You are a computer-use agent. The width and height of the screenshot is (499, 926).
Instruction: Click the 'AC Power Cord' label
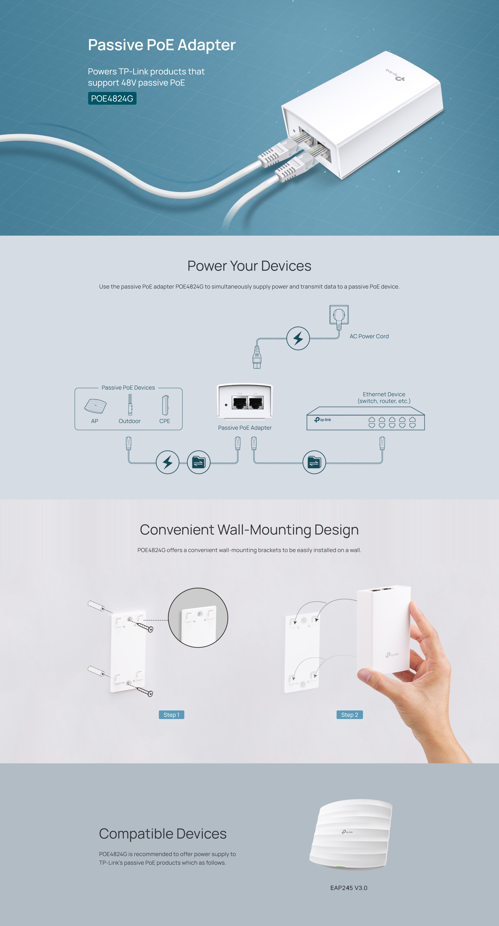coord(369,336)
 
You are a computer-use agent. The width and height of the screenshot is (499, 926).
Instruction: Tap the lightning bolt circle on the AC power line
coord(298,338)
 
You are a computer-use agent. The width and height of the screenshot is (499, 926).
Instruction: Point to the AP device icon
coord(95,406)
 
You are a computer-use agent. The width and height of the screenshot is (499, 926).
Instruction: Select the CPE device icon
coord(165,405)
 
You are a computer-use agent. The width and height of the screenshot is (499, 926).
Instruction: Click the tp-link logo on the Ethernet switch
coord(323,420)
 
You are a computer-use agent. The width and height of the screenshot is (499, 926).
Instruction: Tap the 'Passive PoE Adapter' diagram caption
coord(245,428)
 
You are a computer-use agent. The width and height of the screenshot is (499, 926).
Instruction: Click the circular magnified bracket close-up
coord(198,618)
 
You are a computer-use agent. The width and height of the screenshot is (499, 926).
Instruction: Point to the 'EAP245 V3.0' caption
coord(349,888)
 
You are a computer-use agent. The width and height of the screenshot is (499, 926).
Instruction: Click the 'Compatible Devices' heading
coord(163,834)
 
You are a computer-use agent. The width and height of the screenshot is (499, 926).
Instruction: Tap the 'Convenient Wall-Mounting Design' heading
coord(249,529)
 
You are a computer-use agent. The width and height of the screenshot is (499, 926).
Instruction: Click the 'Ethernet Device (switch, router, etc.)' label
coord(384,398)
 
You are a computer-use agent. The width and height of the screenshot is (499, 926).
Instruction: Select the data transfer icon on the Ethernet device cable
coord(314,462)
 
